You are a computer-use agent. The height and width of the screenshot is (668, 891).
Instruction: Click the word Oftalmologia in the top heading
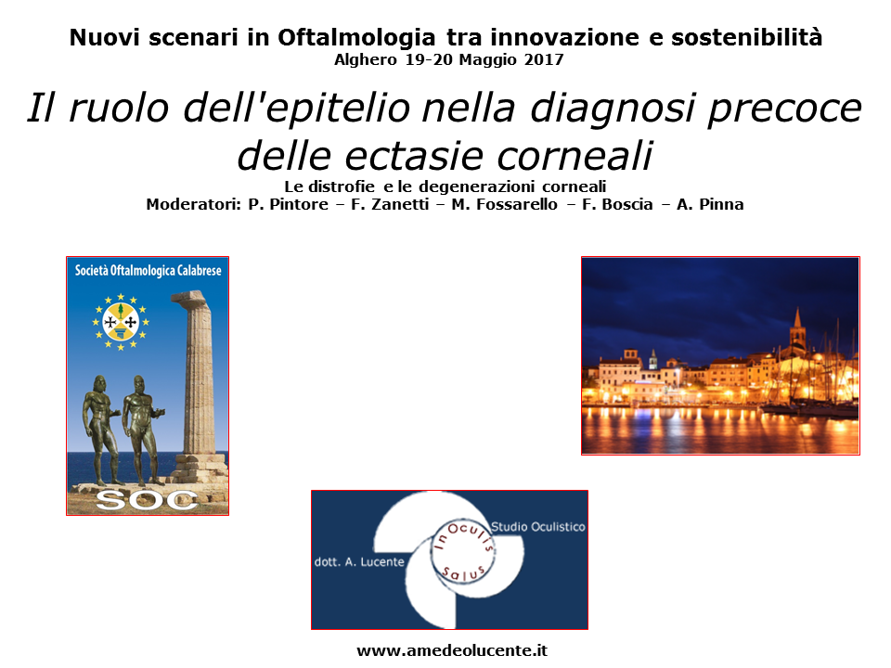tap(356, 38)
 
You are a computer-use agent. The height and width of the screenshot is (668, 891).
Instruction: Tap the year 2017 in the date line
tap(544, 59)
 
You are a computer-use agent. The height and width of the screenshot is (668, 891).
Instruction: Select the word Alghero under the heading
tap(366, 60)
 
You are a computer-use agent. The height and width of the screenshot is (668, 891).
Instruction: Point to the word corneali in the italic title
tap(575, 155)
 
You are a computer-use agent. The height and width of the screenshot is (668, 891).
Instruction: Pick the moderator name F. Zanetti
tap(390, 204)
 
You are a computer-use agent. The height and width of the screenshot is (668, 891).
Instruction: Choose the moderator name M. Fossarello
tap(505, 204)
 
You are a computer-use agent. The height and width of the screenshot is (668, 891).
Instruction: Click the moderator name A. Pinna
tap(710, 204)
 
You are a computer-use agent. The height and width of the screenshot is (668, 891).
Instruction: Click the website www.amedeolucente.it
tap(452, 650)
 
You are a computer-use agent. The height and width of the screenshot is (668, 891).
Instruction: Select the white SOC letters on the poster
tap(147, 500)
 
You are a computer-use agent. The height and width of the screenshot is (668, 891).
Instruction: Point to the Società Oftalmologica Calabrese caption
tap(148, 270)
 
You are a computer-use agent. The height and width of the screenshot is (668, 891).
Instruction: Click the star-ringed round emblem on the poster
tap(121, 322)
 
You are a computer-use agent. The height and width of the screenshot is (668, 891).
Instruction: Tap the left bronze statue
tap(102, 430)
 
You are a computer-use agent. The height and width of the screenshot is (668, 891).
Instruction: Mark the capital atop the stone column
tap(190, 298)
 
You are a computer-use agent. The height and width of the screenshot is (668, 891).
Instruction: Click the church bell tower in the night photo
tap(798, 331)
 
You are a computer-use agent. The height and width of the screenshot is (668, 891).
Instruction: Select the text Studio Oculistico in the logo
tap(538, 527)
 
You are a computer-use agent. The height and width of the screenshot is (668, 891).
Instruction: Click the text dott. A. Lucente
tap(359, 562)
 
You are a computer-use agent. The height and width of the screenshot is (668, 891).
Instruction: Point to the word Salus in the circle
tap(464, 573)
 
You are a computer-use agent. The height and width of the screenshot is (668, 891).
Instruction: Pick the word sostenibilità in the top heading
tap(746, 38)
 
